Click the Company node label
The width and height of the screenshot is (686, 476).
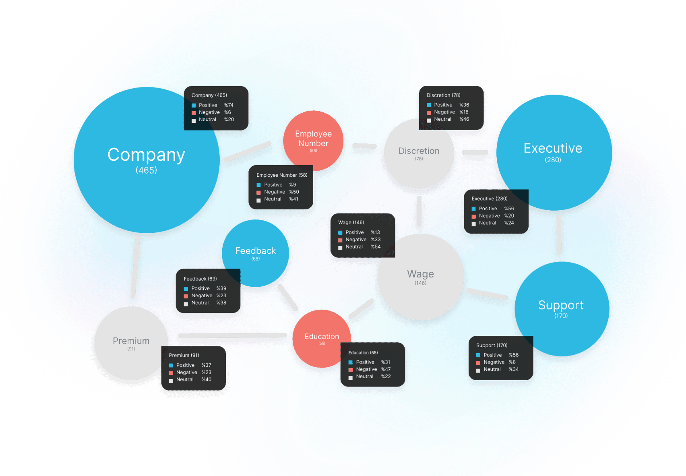(146, 155)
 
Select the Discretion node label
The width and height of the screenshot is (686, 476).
(419, 151)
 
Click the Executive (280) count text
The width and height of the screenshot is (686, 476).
(553, 160)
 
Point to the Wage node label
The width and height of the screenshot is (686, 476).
(420, 274)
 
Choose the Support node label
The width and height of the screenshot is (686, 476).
(561, 305)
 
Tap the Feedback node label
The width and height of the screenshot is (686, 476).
(255, 251)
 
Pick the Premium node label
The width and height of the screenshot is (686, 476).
(131, 341)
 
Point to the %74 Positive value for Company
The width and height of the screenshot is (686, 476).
(229, 106)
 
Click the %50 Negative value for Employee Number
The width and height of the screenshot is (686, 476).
(294, 192)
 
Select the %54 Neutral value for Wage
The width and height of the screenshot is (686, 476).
(376, 247)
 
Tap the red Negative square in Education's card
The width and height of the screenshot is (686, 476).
(351, 370)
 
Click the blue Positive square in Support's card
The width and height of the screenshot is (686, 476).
(478, 356)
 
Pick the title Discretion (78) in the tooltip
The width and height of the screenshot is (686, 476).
(443, 95)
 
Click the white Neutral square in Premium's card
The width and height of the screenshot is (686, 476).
(171, 381)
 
